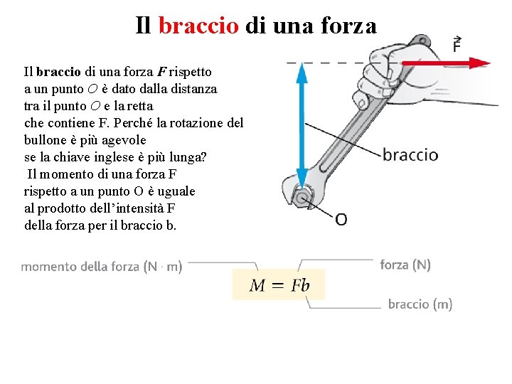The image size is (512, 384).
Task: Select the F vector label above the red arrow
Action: (x=457, y=44)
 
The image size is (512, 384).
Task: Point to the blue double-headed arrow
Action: (x=302, y=124)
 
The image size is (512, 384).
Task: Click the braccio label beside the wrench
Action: (x=410, y=154)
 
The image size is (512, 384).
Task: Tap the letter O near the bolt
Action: (x=341, y=219)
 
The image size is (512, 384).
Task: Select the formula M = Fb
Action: (x=279, y=285)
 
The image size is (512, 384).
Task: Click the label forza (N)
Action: (x=405, y=265)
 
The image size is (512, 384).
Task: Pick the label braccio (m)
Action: (x=420, y=304)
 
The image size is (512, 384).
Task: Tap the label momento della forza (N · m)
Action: (x=102, y=267)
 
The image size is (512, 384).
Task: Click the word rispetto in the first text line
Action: (x=190, y=72)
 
